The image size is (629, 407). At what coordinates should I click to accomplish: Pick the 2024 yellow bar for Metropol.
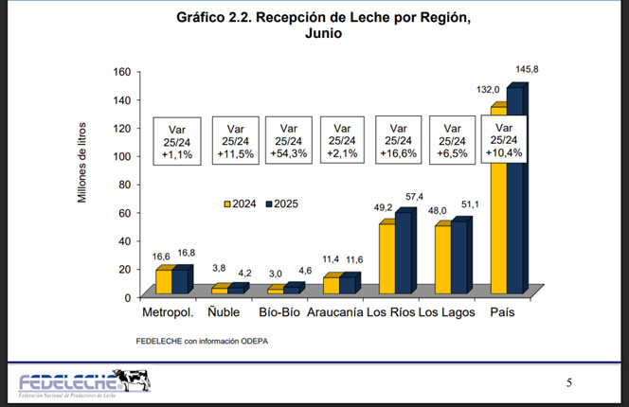click(164, 282)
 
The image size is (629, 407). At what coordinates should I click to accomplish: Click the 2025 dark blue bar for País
click(515, 190)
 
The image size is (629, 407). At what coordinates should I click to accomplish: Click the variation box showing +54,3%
click(290, 140)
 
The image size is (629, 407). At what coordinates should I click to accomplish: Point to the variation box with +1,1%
click(179, 140)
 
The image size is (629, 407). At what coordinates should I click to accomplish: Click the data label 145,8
click(529, 70)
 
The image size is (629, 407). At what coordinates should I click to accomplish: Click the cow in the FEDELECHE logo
click(135, 380)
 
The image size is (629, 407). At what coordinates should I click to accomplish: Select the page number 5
click(569, 382)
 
